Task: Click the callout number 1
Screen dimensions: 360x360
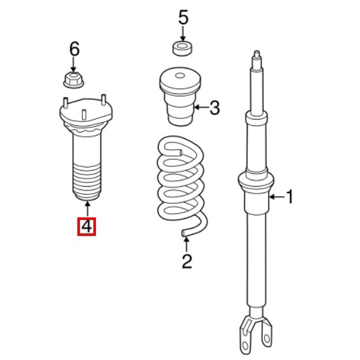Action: pyautogui.click(x=290, y=196)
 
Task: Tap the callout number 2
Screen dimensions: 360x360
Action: pyautogui.click(x=187, y=261)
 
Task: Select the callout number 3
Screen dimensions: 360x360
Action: pyautogui.click(x=215, y=107)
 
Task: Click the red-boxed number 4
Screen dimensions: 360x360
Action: pyautogui.click(x=86, y=226)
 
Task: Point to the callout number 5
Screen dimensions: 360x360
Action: pyautogui.click(x=184, y=17)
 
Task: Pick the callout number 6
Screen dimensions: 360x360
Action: pyautogui.click(x=74, y=49)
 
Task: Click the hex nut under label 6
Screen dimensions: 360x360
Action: pyautogui.click(x=74, y=79)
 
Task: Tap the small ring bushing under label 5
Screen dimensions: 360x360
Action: pyautogui.click(x=182, y=48)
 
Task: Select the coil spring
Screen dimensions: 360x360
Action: pyautogui.click(x=182, y=186)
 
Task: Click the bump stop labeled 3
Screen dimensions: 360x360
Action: pyautogui.click(x=180, y=97)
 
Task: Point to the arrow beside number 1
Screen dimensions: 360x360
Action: pyautogui.click(x=278, y=197)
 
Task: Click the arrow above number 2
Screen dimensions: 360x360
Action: pyautogui.click(x=187, y=245)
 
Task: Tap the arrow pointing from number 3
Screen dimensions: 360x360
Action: pyautogui.click(x=201, y=107)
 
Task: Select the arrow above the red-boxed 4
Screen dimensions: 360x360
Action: pyautogui.click(x=87, y=208)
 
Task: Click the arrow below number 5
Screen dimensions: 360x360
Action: pyautogui.click(x=183, y=33)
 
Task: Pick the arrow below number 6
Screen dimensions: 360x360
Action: pyautogui.click(x=74, y=65)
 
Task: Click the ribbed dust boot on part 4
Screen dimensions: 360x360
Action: pyautogui.click(x=86, y=182)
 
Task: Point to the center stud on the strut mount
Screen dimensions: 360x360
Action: pyautogui.click(x=84, y=114)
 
